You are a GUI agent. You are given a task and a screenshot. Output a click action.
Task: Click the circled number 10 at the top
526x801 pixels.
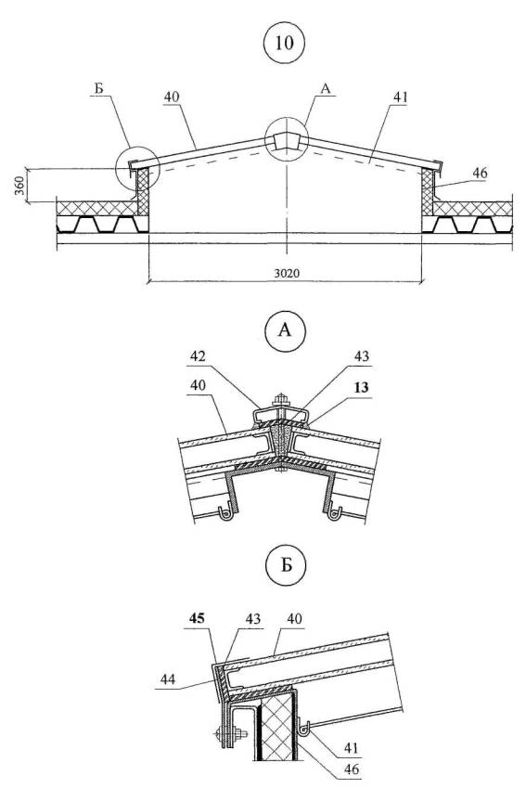[x=284, y=43]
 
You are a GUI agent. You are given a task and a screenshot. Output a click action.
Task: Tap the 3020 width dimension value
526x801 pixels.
[x=287, y=273]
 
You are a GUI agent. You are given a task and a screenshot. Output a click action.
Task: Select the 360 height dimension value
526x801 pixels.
[x=19, y=186]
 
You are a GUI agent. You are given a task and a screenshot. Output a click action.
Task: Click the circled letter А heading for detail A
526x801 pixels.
[x=285, y=331]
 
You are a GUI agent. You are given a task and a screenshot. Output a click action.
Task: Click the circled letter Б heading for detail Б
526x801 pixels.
[x=286, y=565]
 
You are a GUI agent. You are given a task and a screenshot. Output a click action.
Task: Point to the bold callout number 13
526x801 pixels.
[x=361, y=387]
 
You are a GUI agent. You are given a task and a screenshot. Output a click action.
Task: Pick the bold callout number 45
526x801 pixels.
[x=197, y=618]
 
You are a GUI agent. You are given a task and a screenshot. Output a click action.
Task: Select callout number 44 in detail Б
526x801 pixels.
[x=168, y=678]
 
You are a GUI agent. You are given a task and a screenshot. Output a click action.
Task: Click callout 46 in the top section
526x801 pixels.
[x=480, y=174]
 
